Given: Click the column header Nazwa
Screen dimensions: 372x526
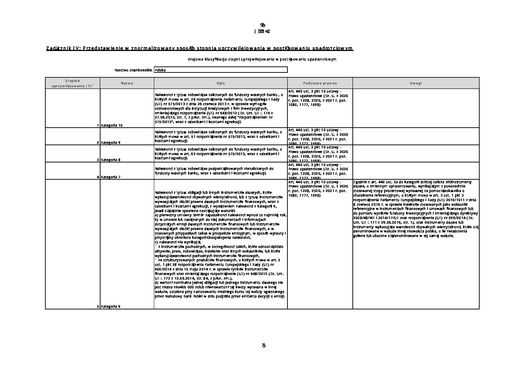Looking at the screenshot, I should [x=127, y=83].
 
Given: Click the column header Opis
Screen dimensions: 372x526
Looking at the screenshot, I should [x=221, y=83].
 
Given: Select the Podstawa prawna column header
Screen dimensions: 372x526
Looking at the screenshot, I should [x=320, y=83].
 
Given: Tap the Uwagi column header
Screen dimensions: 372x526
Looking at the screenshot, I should [x=416, y=83].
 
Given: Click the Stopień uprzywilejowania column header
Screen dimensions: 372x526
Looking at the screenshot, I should [x=72, y=83].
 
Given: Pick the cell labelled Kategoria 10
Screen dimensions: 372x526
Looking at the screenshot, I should [x=112, y=125].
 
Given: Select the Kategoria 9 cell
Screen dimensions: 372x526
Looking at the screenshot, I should [x=111, y=143].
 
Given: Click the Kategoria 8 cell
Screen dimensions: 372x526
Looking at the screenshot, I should [x=111, y=160].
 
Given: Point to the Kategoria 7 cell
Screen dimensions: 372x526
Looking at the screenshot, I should [x=111, y=177].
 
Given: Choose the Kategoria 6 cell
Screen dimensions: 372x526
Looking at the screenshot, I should [x=111, y=307].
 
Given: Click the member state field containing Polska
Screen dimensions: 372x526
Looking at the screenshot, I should [x=220, y=70].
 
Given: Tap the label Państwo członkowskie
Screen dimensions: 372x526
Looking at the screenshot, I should [x=133, y=70].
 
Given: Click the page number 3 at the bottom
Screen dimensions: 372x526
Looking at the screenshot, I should [x=264, y=345].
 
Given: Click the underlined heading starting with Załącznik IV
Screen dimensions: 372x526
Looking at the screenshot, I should [x=199, y=48].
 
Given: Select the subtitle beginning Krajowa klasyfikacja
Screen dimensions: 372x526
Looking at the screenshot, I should [x=262, y=59].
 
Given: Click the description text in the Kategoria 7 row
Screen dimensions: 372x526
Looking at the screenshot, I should [x=214, y=171].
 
